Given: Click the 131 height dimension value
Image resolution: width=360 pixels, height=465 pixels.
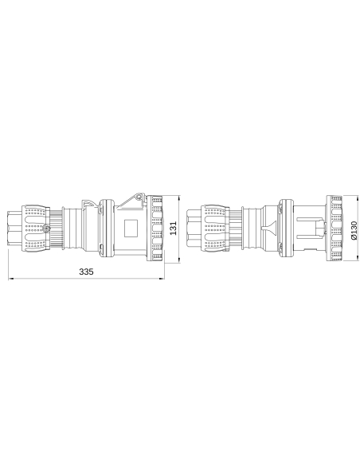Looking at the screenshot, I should [x=173, y=228].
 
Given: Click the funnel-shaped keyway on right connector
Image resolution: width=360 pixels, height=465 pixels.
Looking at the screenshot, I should [x=273, y=228].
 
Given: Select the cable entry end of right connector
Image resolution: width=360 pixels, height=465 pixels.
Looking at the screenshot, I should [x=193, y=228].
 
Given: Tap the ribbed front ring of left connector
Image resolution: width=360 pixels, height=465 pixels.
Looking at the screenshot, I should [x=156, y=228].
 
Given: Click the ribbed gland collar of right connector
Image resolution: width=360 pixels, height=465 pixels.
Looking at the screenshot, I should [x=245, y=228].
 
